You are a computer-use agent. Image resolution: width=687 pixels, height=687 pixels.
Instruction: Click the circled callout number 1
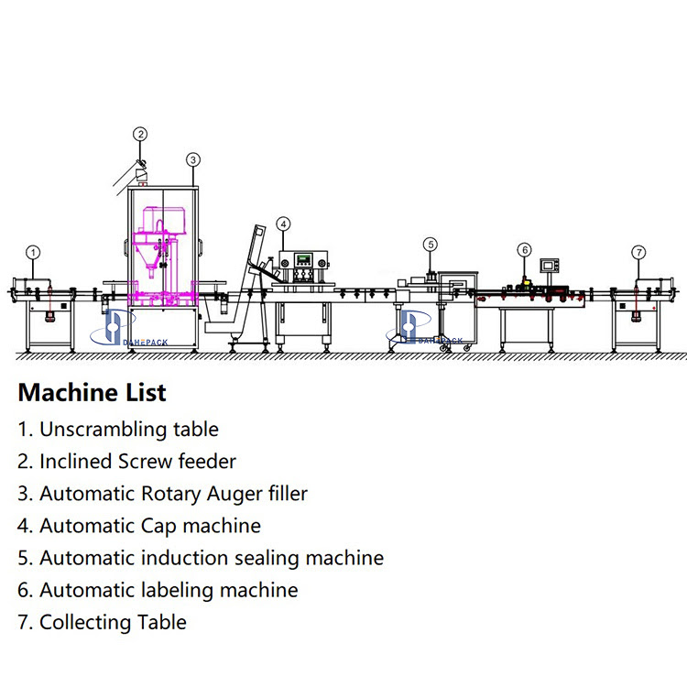coord(33,252)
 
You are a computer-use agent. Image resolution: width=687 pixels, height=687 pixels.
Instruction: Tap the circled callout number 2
coord(139,135)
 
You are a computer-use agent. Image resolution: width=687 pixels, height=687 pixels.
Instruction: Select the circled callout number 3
coord(192,158)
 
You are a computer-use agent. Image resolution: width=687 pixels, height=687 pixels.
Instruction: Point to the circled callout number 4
coord(284,224)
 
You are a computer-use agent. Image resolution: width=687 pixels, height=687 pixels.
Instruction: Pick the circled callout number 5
coord(431,245)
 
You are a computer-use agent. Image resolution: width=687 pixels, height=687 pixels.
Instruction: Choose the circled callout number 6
coord(524,249)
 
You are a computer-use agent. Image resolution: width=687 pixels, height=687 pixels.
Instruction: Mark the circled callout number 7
coord(638,252)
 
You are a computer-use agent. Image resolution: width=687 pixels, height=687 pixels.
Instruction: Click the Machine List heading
coord(93,393)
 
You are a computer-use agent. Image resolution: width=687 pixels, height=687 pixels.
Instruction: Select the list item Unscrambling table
coord(118,429)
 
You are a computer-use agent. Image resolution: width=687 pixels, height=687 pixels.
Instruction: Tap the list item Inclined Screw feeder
coord(126,462)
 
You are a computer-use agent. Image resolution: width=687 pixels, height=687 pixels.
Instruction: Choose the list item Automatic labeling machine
coord(158,590)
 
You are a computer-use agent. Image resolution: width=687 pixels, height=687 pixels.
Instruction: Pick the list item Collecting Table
coord(102,623)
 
